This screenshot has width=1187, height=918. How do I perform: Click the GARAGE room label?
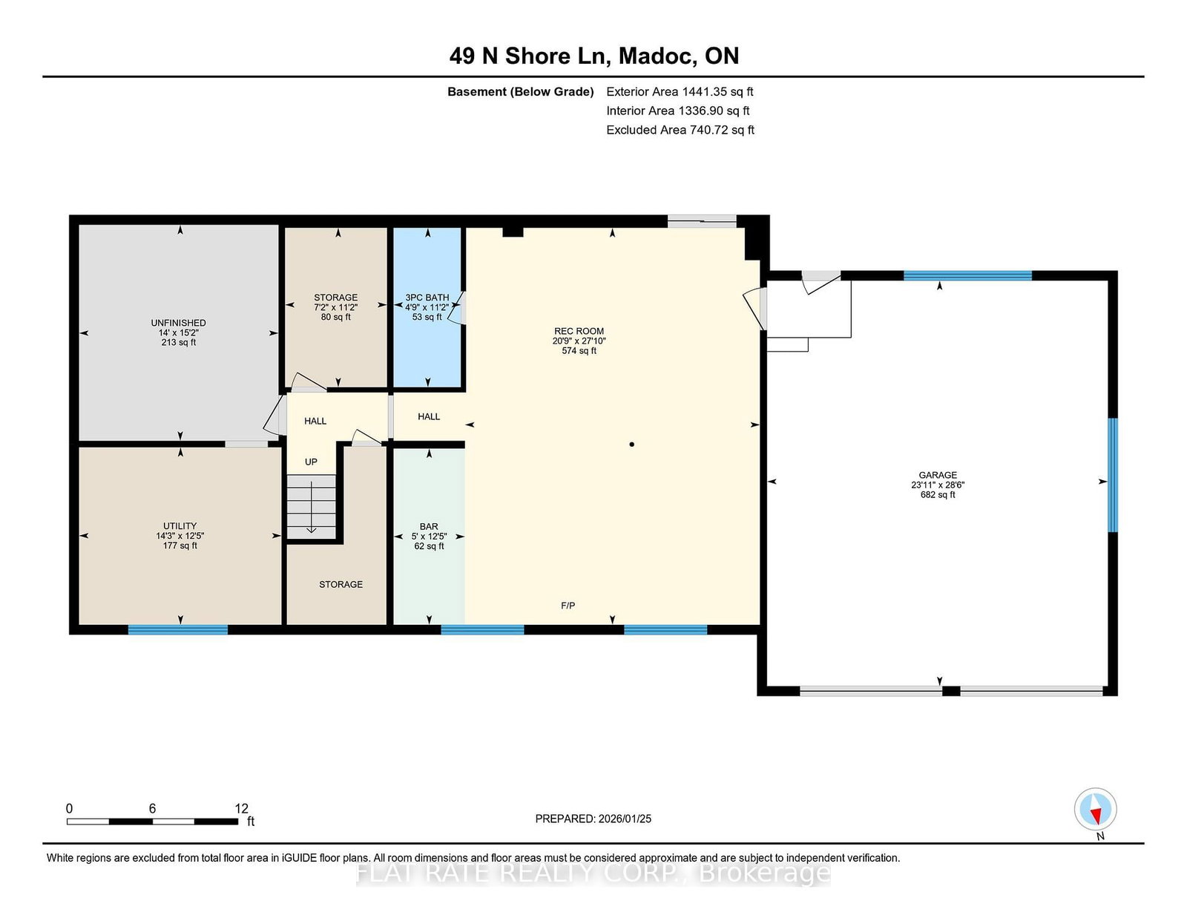[938, 475]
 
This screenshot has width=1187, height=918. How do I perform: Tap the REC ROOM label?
[579, 330]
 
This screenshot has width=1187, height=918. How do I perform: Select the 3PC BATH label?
[427, 298]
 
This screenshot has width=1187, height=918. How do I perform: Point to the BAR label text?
[429, 526]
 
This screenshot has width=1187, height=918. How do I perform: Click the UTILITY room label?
[180, 525]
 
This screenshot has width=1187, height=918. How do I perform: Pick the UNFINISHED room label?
[179, 322]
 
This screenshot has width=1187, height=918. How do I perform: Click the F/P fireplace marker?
[568, 605]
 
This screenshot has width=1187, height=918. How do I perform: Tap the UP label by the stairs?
[311, 462]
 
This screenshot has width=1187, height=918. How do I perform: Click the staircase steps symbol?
[312, 507]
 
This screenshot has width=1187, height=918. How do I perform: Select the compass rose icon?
[1095, 809]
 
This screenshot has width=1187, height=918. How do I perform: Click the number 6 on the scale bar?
[152, 808]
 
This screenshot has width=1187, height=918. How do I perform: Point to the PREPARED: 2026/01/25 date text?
[593, 819]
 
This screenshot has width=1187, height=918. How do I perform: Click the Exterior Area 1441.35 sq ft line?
[680, 92]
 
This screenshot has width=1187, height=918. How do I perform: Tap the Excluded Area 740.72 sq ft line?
[680, 130]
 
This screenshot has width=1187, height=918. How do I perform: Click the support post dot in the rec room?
[631, 445]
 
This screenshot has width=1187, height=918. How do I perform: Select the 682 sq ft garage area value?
[938, 494]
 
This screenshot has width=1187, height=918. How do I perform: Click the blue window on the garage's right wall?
[1112, 474]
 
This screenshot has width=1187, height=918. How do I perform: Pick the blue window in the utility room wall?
[177, 629]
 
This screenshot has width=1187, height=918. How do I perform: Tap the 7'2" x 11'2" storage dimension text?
[335, 307]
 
